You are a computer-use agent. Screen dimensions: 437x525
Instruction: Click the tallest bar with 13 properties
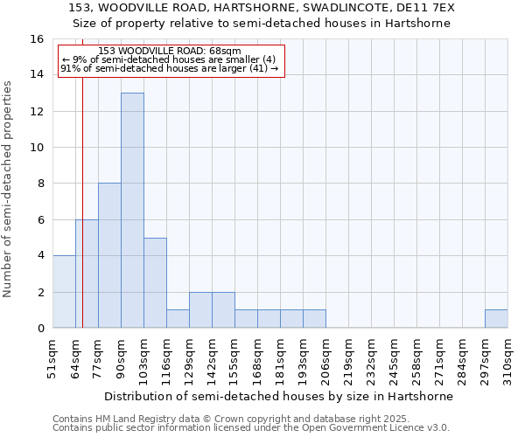point(132,210)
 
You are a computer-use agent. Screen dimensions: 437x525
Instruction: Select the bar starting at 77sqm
point(109,255)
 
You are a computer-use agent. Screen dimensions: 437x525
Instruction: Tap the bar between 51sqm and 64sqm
point(64,291)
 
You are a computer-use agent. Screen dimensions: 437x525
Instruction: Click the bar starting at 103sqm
point(155,282)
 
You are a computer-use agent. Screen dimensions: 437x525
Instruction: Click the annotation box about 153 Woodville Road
point(171,62)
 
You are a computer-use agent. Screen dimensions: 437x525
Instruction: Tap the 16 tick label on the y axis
point(37,39)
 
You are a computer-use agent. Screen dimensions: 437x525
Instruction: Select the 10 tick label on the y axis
point(37,148)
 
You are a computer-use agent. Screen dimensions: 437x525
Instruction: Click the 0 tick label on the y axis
point(40,329)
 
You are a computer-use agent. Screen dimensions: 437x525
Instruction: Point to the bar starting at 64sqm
point(87,274)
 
